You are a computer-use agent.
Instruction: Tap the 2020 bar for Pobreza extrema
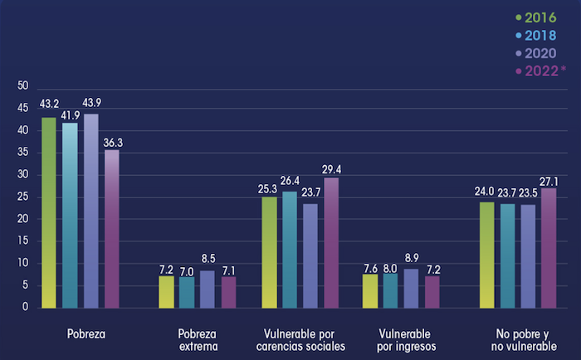[x=207, y=289]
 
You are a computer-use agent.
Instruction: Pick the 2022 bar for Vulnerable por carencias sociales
[x=331, y=242]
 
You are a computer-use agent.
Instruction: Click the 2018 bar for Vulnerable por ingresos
[x=389, y=289]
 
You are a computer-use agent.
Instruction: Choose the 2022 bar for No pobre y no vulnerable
[x=549, y=247]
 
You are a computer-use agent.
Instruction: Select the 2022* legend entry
[x=544, y=71]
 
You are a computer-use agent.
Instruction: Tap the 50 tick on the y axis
[x=22, y=86]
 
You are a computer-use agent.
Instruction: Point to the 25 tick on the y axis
[x=22, y=197]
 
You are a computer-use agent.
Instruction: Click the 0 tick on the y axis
[x=26, y=307]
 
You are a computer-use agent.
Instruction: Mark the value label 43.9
[x=90, y=102]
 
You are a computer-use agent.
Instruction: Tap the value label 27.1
[x=549, y=179]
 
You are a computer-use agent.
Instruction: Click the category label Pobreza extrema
[x=198, y=340]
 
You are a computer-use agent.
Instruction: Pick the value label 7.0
[x=187, y=271]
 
